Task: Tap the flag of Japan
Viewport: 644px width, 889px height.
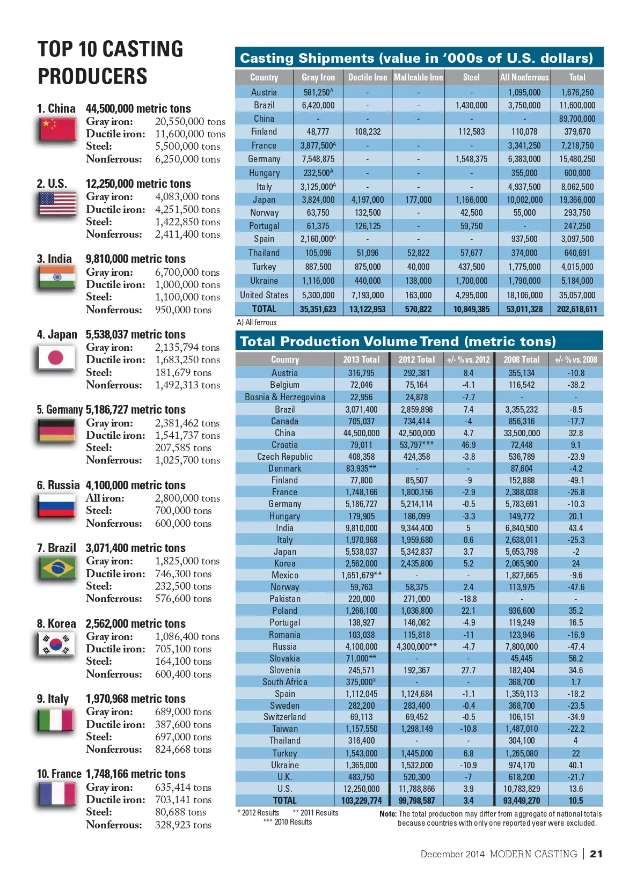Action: pos(56,357)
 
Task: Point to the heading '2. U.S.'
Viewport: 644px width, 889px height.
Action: pos(52,183)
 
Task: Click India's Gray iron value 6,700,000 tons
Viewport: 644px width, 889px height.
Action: pos(187,272)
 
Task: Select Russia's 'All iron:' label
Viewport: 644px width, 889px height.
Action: pos(105,498)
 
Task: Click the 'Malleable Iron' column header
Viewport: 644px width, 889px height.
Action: pos(418,77)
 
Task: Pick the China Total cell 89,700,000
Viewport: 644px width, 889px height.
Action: pos(577,119)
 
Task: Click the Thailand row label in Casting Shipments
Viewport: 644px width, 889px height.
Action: pos(264,253)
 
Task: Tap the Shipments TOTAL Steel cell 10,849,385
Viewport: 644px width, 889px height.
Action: pos(471,309)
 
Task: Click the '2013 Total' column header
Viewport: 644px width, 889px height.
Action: pos(361,359)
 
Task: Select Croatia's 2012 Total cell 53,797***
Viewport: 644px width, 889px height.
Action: pos(416,445)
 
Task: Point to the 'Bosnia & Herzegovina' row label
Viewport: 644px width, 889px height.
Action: pos(284,397)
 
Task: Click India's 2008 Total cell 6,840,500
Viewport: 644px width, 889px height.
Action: pos(521,528)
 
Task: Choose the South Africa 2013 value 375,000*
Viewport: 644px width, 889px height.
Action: pos(361,682)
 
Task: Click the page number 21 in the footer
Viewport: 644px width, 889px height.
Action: pos(596,854)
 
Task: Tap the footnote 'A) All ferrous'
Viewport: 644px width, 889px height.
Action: pos(257,322)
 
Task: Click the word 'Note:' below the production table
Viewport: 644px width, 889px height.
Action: pos(387,814)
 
